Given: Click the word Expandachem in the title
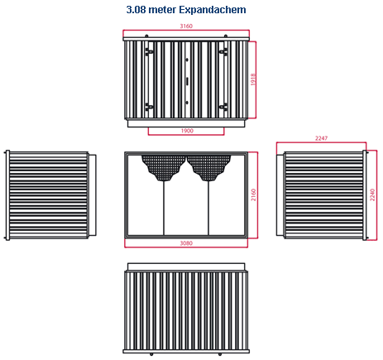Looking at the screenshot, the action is pyautogui.click(x=213, y=10).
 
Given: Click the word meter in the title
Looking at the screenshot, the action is pyautogui.click(x=162, y=10).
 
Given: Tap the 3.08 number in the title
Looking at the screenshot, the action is pyautogui.click(x=136, y=10).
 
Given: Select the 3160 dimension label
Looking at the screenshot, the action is pyautogui.click(x=186, y=26).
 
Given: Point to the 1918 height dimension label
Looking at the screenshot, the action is pyautogui.click(x=253, y=79).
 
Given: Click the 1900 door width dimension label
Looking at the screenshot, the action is pyautogui.click(x=187, y=131).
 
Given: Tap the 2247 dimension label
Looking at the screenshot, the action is pyautogui.click(x=321, y=138).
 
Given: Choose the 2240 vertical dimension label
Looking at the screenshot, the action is pyautogui.click(x=372, y=194).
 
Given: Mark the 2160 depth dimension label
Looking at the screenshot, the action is pyautogui.click(x=253, y=194).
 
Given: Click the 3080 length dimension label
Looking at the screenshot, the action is pyautogui.click(x=186, y=243).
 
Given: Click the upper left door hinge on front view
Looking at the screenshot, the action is pyautogui.click(x=149, y=51).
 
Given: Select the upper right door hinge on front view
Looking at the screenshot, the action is pyautogui.click(x=223, y=51).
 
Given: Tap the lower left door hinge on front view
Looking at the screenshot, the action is pyautogui.click(x=149, y=107).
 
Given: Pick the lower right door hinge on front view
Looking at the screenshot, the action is pyautogui.click(x=223, y=107).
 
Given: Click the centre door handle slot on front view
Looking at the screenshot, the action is pyautogui.click(x=187, y=81).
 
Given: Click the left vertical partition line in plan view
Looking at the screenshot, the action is pyautogui.click(x=164, y=208).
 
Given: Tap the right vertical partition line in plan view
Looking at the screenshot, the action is pyautogui.click(x=208, y=208).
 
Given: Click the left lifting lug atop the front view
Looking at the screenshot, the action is pyautogui.click(x=146, y=36).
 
